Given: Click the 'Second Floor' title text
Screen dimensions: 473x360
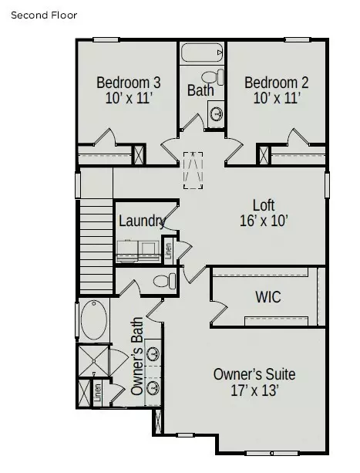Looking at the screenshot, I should pos(44,15).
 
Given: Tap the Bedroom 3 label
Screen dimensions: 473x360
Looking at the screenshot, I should pos(128,83).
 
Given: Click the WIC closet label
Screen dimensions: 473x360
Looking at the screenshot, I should pos(267,296).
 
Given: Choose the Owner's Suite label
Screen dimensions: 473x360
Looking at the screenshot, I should pos(254,374).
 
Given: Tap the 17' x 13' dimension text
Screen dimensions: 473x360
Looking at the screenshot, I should pos(254,390).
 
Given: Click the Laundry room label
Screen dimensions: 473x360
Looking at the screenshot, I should pos(141,221).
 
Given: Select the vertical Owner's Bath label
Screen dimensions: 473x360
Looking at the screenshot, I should pos(136,356).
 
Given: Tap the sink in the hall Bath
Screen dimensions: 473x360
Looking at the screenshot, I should pos(217,114).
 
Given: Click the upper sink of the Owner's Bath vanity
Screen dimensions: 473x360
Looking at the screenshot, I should pos(153,355).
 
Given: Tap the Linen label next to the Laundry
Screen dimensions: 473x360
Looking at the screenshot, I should pos(169,250).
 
